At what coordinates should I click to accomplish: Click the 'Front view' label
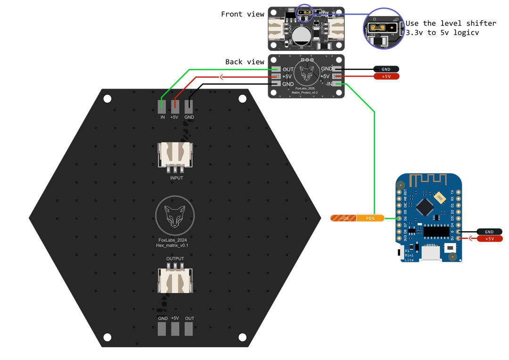[243, 14]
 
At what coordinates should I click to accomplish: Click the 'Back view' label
[245, 62]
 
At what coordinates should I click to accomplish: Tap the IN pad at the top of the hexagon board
[161, 106]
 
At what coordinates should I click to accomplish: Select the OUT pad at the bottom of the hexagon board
[189, 328]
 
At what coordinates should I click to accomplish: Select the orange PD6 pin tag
[370, 218]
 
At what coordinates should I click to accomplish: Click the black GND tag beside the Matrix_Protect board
[386, 69]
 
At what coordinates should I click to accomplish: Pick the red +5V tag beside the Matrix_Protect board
[386, 76]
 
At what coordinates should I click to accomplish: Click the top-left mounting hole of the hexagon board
[107, 99]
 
